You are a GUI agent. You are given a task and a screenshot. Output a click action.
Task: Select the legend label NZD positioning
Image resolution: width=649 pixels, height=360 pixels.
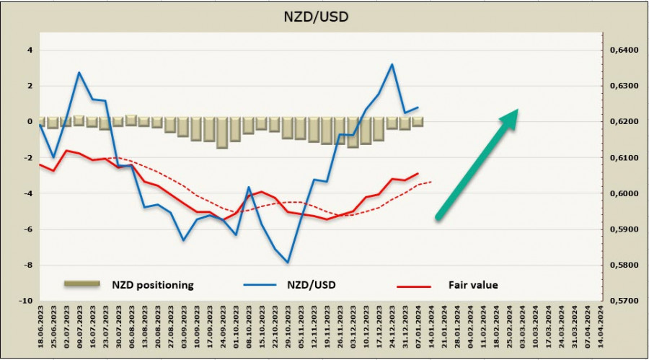(x=152, y=285)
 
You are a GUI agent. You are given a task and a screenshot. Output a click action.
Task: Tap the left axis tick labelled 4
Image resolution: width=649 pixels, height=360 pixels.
(x=30, y=51)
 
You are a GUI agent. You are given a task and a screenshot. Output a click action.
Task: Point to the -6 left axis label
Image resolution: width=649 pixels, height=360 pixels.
(x=28, y=229)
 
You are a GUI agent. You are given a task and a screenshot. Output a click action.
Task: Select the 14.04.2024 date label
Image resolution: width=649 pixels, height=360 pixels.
(x=599, y=328)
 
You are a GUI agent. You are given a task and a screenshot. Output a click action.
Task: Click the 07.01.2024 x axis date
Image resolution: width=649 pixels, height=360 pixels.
(x=418, y=328)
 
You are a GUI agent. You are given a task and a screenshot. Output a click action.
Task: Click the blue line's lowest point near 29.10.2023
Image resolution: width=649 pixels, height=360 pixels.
(x=288, y=263)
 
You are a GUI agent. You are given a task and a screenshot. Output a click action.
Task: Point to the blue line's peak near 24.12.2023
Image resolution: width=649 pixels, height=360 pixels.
(x=392, y=64)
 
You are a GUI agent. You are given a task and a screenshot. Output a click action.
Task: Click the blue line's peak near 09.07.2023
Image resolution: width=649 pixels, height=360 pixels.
(x=79, y=72)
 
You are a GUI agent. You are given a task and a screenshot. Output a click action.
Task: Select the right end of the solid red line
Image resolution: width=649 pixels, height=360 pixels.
(x=418, y=173)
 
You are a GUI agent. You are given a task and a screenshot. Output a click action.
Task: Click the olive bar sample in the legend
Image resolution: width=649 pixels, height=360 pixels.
(x=81, y=285)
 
